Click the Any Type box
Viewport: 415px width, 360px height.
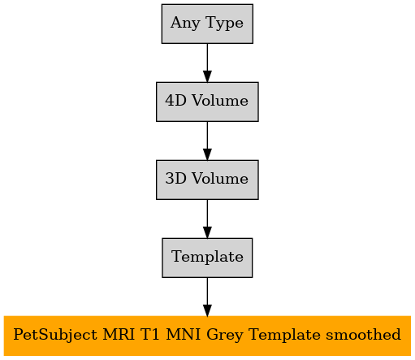[207, 24]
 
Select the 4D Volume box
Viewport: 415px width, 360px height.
[207, 102]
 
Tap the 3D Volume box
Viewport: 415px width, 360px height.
[207, 180]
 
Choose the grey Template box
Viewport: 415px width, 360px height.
[207, 258]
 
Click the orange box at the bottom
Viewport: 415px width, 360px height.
[207, 336]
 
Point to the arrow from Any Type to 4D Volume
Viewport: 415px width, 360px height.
[207, 63]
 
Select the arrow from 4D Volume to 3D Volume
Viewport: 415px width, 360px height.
[207, 141]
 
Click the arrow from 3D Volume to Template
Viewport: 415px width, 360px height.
[207, 219]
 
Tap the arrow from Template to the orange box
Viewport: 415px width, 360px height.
[207, 297]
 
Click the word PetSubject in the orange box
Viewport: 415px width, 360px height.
[55, 335]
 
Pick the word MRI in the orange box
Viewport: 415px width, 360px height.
[119, 334]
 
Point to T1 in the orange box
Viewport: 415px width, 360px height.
[150, 334]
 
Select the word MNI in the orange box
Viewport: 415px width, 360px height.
[184, 334]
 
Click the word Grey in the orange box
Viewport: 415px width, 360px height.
[225, 335]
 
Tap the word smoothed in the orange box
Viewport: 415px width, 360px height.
[363, 334]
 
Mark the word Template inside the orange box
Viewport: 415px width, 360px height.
[284, 335]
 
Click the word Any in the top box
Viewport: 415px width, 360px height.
[185, 23]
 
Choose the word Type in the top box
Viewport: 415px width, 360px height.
[224, 23]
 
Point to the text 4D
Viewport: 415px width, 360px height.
[176, 101]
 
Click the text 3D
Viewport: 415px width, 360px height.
[176, 179]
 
